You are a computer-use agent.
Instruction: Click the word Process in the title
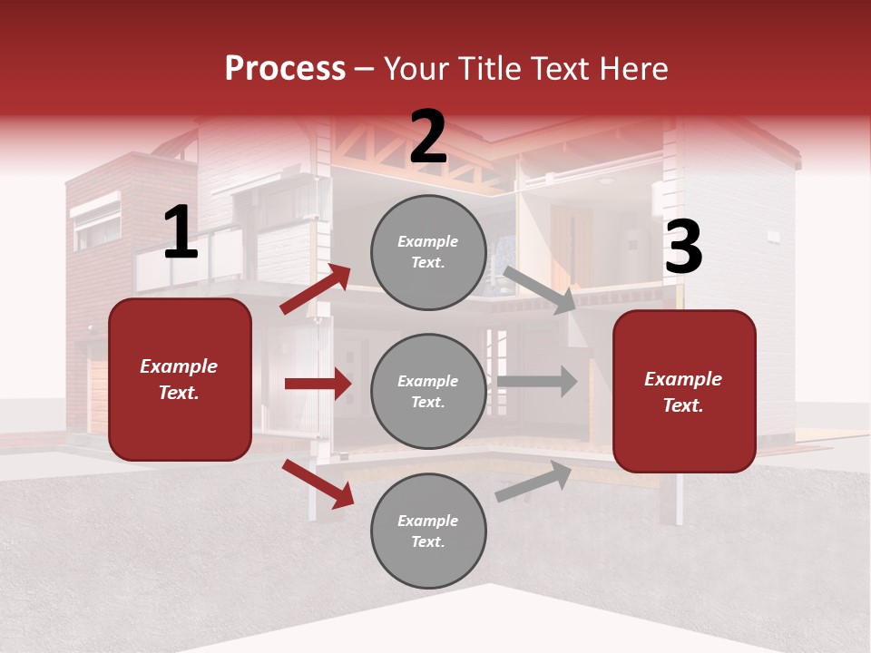tap(285, 68)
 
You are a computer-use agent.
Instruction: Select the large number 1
tap(181, 233)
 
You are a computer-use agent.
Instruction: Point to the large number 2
tap(428, 138)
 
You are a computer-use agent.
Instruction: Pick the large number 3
tap(683, 248)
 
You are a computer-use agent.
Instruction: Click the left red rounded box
tap(180, 379)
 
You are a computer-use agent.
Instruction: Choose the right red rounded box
tap(684, 391)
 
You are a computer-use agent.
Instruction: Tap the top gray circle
tap(428, 252)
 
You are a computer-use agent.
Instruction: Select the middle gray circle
tap(428, 391)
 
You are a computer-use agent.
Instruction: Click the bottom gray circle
tap(428, 531)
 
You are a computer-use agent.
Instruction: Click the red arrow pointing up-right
tap(316, 289)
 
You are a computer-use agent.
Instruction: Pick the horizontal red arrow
tap(318, 384)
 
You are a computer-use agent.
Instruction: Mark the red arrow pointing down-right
tap(318, 483)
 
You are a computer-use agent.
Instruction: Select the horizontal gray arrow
tap(537, 381)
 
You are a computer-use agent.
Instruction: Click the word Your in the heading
tap(417, 68)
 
